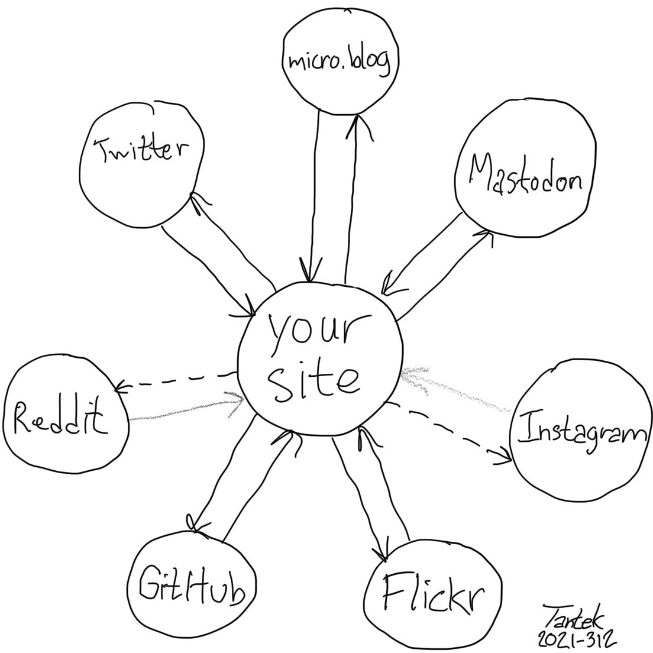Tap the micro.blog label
click(340, 61)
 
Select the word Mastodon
click(526, 174)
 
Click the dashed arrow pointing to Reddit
click(175, 381)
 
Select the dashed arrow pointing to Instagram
click(450, 433)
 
